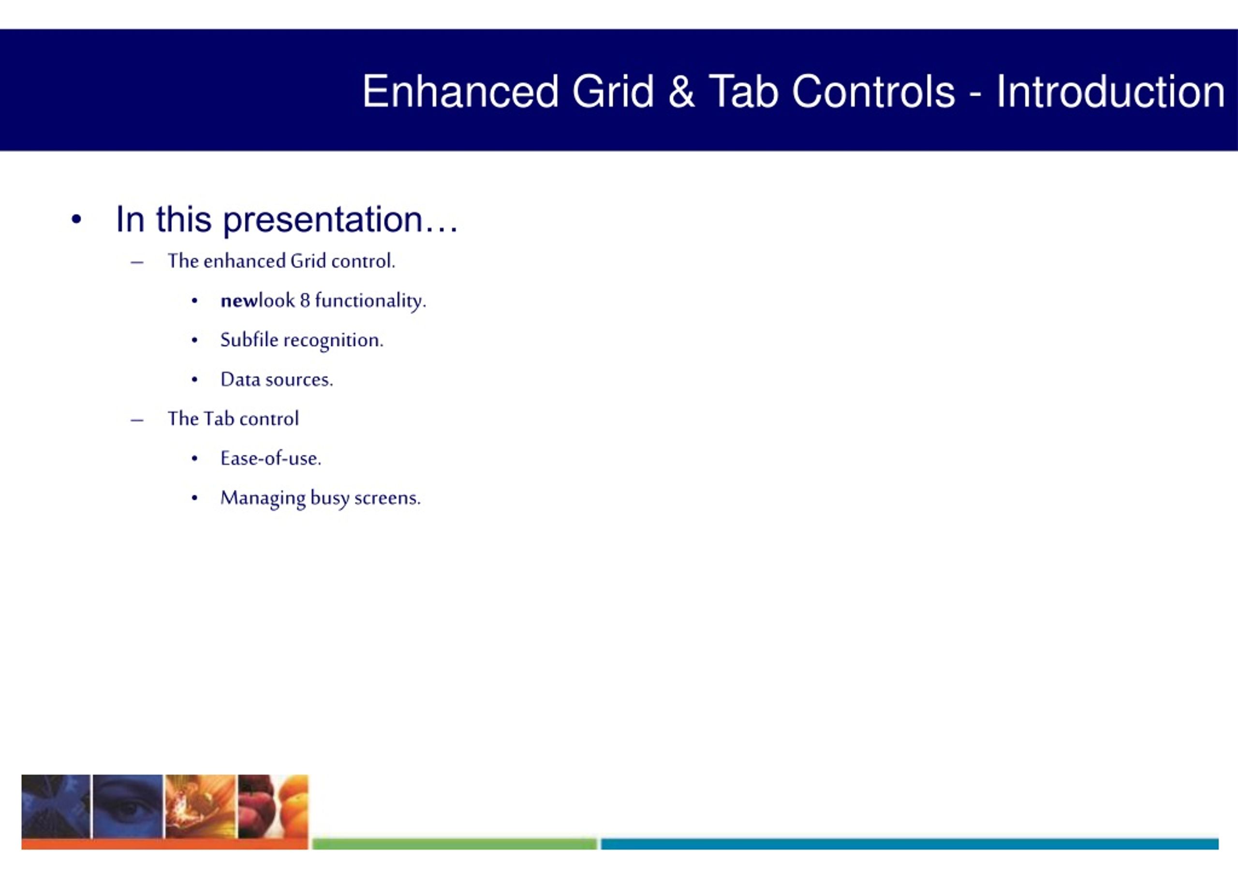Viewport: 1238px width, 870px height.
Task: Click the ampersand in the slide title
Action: [681, 91]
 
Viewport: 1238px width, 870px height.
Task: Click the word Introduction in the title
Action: [1110, 91]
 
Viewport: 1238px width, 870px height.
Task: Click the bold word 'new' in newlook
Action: [239, 301]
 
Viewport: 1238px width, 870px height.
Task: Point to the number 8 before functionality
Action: [305, 300]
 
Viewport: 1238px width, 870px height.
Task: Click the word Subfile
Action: [249, 340]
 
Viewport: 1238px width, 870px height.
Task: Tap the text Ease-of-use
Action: [271, 458]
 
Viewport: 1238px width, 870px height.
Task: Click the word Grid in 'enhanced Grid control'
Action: [309, 261]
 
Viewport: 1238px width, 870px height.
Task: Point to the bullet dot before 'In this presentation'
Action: [76, 220]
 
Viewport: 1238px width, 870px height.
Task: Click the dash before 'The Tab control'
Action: [137, 420]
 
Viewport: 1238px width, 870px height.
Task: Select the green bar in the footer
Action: [455, 843]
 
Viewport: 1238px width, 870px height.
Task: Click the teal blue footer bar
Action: [910, 843]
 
